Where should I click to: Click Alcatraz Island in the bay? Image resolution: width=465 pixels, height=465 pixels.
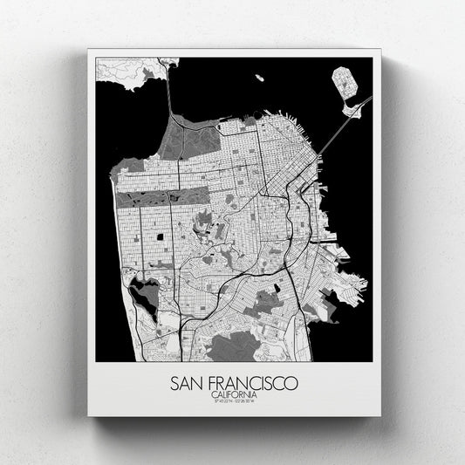[258, 78]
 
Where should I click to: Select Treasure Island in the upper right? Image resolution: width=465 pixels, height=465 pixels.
[345, 85]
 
